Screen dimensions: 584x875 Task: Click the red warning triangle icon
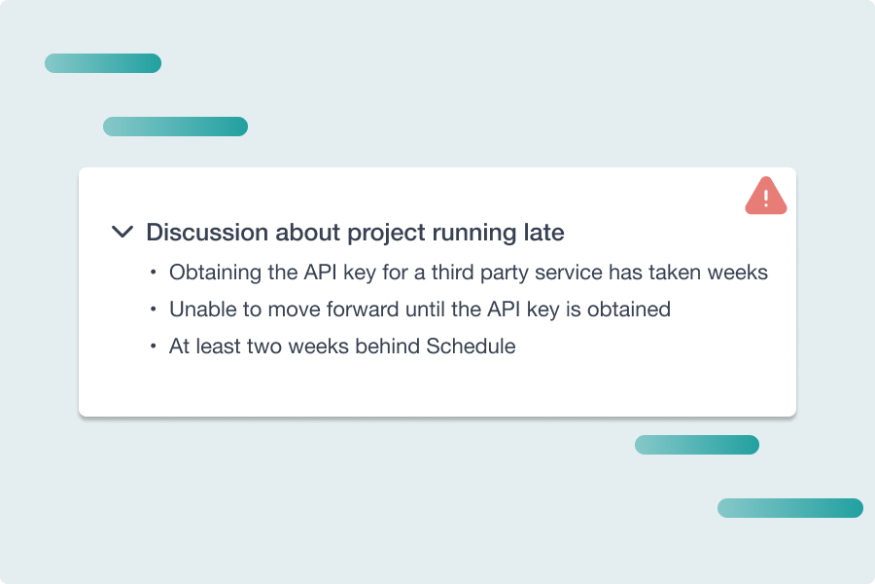coord(766,197)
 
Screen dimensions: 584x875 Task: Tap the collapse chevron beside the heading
coord(122,232)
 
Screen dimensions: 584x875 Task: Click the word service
coord(575,273)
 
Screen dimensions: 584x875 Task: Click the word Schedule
coord(471,346)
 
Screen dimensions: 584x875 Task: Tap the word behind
coord(389,346)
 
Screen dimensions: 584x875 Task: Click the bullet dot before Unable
coord(154,310)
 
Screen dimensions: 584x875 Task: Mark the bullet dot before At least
coord(154,346)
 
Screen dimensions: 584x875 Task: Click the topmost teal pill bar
coord(103,63)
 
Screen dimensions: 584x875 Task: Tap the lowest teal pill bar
coord(789,508)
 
